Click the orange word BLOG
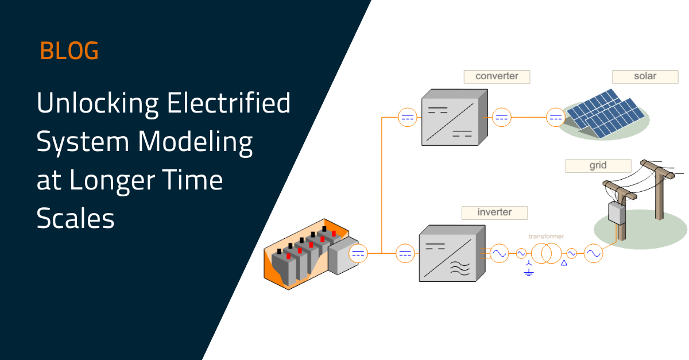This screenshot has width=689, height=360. [x=69, y=51]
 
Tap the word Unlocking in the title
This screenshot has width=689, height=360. [x=98, y=104]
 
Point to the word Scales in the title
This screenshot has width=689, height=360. [x=75, y=218]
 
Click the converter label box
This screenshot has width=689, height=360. [x=497, y=76]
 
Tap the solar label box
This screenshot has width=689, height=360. [x=645, y=76]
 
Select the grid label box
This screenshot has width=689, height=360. [x=598, y=166]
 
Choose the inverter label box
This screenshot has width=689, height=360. [x=494, y=212]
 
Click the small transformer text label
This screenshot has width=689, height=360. [x=546, y=237]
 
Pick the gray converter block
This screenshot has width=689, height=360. [x=454, y=117]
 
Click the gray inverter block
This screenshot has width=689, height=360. [x=452, y=253]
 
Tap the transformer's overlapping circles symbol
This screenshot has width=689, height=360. [x=546, y=253]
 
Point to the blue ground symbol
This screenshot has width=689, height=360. [x=528, y=269]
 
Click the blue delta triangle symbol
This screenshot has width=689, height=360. [x=564, y=263]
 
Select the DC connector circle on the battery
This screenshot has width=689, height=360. [x=358, y=253]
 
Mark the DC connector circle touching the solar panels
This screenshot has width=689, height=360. [x=556, y=117]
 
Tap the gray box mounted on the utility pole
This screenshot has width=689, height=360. [x=617, y=213]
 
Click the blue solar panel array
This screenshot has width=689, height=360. [x=605, y=113]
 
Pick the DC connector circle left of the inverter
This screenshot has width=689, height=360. [x=405, y=253]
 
